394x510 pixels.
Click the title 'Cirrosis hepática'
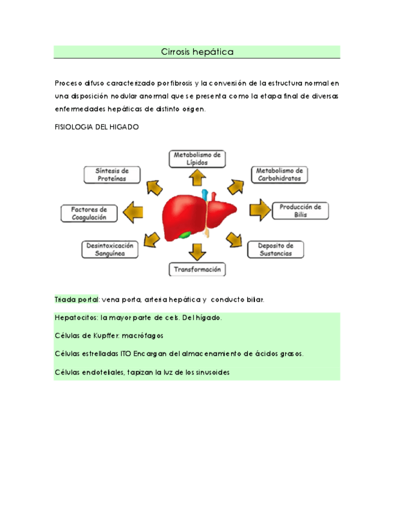(197, 52)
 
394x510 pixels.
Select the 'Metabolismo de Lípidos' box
(197, 159)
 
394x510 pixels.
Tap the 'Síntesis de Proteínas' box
(112, 174)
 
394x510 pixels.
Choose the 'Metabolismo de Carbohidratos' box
(279, 174)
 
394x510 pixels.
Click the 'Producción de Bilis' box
(300, 211)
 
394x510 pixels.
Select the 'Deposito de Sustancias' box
(275, 249)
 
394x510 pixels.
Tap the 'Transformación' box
(197, 270)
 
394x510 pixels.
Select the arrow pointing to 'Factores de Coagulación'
(133, 211)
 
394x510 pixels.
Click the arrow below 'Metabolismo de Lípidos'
(197, 177)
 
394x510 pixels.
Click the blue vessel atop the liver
(205, 194)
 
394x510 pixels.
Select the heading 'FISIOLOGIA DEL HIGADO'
(97, 127)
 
